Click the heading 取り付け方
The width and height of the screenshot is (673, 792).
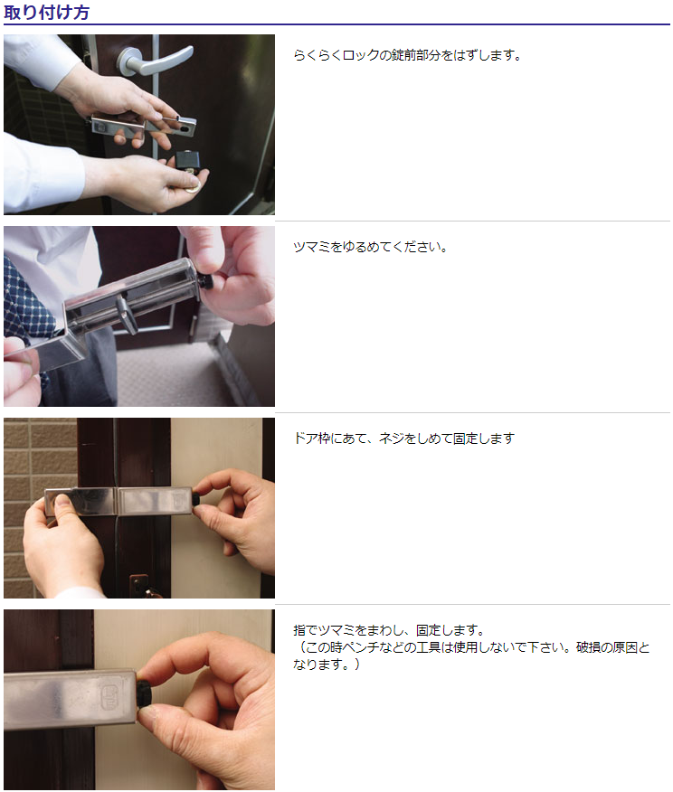pyautogui.click(x=46, y=12)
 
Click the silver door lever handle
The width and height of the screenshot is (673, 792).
pyautogui.click(x=155, y=60)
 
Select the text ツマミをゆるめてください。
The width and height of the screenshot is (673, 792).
pyautogui.click(x=370, y=247)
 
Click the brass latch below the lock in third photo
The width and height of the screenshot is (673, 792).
pyautogui.click(x=140, y=586)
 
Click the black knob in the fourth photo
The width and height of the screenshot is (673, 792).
pyautogui.click(x=144, y=693)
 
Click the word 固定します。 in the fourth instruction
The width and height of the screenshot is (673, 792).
pyautogui.click(x=450, y=630)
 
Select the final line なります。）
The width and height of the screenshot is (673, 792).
pyautogui.click(x=327, y=665)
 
